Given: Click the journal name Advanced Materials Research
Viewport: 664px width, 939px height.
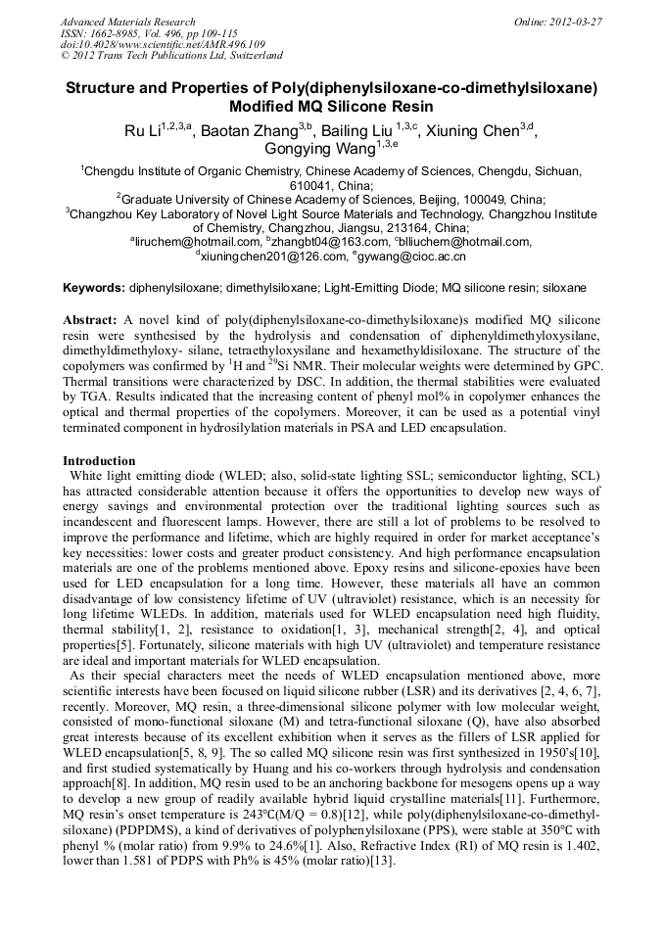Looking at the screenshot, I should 127,22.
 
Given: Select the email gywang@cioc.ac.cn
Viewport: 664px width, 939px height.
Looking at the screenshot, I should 402,257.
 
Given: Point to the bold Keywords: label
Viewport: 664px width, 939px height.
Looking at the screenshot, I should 94,289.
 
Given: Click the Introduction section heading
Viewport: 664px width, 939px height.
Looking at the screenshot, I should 99,460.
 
